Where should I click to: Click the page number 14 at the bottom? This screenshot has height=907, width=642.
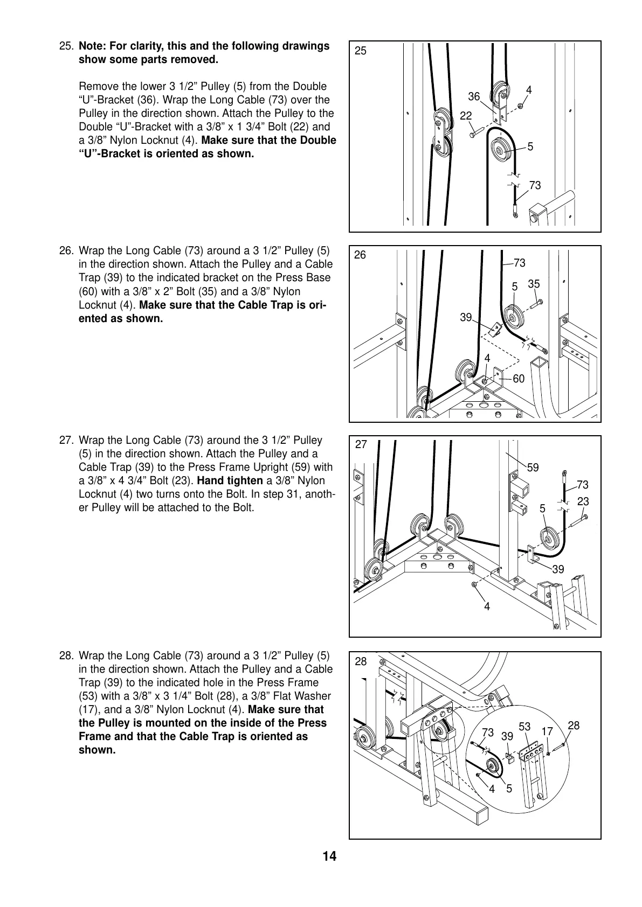tap(329, 856)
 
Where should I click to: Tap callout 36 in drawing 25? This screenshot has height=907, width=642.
tap(473, 96)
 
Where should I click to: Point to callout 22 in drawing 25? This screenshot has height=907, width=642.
tap(466, 116)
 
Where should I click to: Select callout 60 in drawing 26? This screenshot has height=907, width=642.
tap(519, 379)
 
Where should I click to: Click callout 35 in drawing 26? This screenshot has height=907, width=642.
tap(534, 284)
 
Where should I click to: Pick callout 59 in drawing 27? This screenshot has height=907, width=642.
tap(533, 468)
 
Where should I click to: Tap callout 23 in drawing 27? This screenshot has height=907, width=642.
tap(583, 501)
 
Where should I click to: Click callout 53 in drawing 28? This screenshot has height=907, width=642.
tap(524, 727)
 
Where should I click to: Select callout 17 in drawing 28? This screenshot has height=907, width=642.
tap(547, 731)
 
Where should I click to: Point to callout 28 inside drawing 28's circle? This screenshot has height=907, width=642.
tap(574, 725)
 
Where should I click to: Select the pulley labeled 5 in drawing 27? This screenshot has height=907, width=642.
tap(550, 540)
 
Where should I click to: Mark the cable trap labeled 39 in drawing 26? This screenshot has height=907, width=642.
tap(495, 329)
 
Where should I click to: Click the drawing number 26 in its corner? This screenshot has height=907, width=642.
tap(360, 255)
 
